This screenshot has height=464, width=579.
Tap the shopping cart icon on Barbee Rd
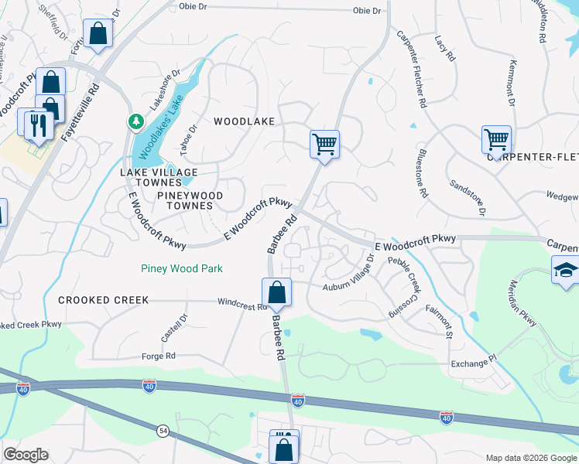coord(324,144)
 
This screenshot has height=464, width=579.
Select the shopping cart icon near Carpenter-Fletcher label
coord(496,140)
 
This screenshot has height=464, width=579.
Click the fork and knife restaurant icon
coord(39,124)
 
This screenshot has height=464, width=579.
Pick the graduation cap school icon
coord(566,271)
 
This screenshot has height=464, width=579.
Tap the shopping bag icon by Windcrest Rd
coord(276,293)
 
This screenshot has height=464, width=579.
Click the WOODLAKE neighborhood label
coord(244,121)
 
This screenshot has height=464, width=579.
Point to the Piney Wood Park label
coord(182,268)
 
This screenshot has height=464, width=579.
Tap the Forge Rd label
coord(159,357)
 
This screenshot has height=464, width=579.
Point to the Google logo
coord(26,455)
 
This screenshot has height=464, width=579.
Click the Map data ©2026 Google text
coord(530,458)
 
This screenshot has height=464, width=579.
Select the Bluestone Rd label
coord(423,174)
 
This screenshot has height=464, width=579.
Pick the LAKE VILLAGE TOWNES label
coord(159,172)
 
